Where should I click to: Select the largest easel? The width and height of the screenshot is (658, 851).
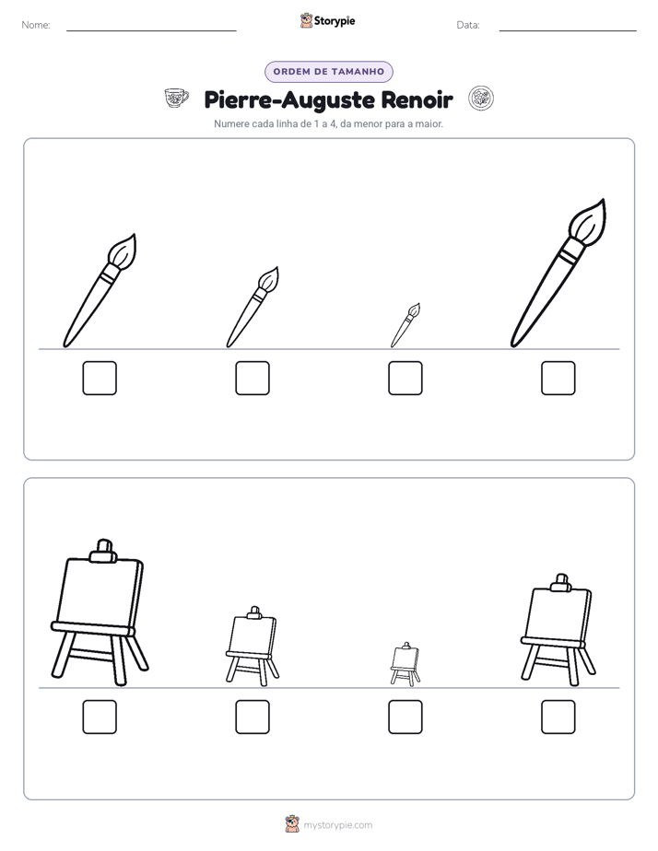pos(100,612)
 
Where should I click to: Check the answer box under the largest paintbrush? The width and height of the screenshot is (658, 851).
pos(558,378)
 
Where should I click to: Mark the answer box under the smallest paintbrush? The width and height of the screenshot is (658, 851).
pos(405,378)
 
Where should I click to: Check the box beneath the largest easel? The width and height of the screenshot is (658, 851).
pos(100,717)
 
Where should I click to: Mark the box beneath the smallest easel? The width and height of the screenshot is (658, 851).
pos(405,717)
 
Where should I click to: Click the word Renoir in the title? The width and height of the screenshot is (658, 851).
pos(417,99)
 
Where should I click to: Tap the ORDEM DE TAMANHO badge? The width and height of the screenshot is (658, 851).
pos(328,72)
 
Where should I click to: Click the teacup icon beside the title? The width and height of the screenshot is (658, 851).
pos(176,99)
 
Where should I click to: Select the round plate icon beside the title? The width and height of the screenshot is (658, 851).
pos(481,99)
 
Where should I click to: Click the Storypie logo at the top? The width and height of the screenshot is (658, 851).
pos(327,21)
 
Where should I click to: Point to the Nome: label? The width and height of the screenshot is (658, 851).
pos(36,25)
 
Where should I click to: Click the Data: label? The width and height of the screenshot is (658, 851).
pos(468,25)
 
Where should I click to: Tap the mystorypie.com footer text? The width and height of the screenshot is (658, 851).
pos(337,825)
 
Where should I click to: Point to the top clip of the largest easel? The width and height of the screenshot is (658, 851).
pos(104,551)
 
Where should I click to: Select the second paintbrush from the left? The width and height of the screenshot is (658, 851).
pos(253,308)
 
